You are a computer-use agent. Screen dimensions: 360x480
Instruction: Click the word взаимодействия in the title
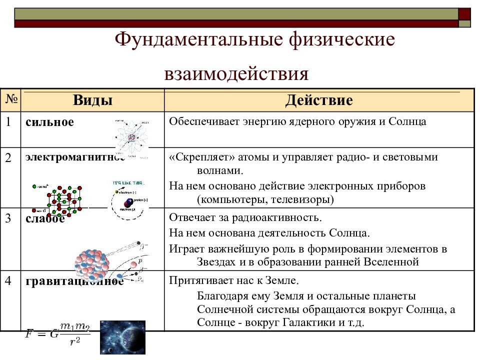point(236,74)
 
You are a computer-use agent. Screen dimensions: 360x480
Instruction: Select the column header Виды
point(92,100)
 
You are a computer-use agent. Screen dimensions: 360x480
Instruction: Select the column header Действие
point(319,100)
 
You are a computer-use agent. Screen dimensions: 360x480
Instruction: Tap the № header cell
point(11,100)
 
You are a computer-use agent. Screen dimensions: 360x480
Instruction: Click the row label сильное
point(49,122)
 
